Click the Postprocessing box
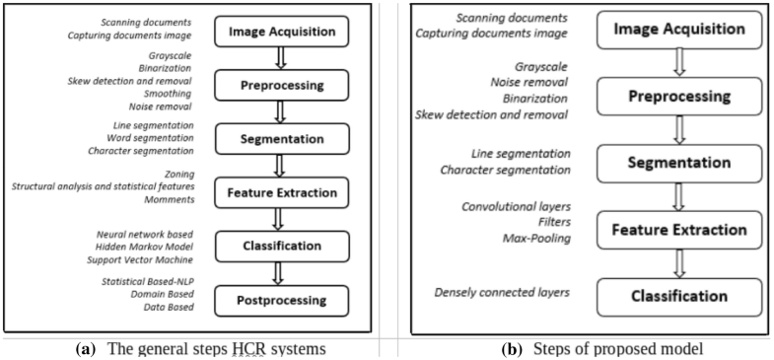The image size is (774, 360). (x=284, y=297)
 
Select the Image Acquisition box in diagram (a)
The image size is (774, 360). (x=284, y=32)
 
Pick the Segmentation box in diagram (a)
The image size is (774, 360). (x=284, y=139)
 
